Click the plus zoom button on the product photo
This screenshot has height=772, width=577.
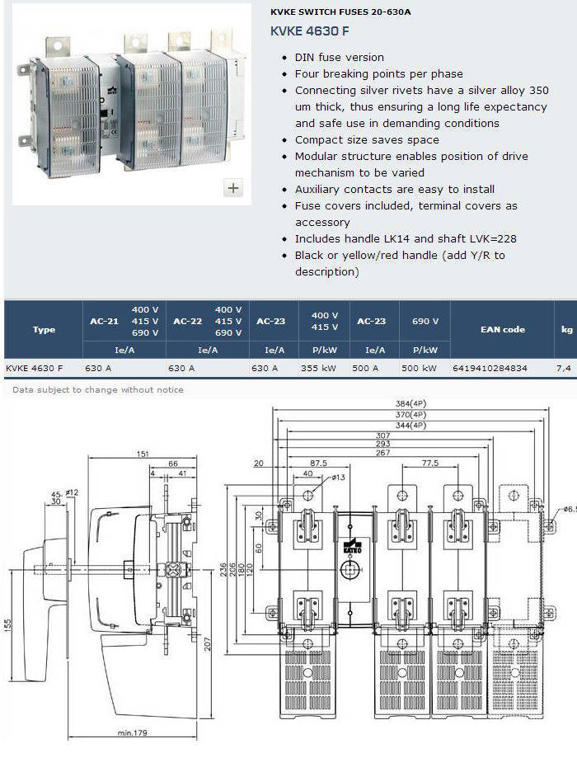pyautogui.click(x=233, y=188)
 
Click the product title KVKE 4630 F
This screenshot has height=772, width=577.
pyautogui.click(x=309, y=31)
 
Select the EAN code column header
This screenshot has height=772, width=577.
pyautogui.click(x=502, y=329)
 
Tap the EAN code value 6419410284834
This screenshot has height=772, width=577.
pyautogui.click(x=490, y=368)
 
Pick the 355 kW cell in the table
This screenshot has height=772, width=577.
pyautogui.click(x=318, y=368)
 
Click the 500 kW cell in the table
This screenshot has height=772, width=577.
pyautogui.click(x=419, y=368)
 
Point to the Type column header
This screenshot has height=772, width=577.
pyautogui.click(x=44, y=329)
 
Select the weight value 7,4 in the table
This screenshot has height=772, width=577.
pyautogui.click(x=564, y=368)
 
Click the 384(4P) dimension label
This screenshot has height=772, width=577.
pyautogui.click(x=410, y=403)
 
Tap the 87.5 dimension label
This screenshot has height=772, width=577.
pyautogui.click(x=318, y=463)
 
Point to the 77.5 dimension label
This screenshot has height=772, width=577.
pyautogui.click(x=430, y=463)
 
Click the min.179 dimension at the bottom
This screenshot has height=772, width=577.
pyautogui.click(x=133, y=732)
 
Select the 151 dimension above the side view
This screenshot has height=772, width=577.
pyautogui.click(x=143, y=454)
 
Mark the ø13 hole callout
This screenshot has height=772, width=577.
pyautogui.click(x=338, y=477)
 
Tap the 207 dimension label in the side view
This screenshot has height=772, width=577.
pyautogui.click(x=207, y=644)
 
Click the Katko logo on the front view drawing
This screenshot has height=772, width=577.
pyautogui.click(x=352, y=544)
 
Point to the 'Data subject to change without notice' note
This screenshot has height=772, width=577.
pyautogui.click(x=98, y=389)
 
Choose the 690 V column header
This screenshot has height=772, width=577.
pyautogui.click(x=425, y=321)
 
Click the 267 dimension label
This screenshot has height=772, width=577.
pyautogui.click(x=382, y=453)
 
